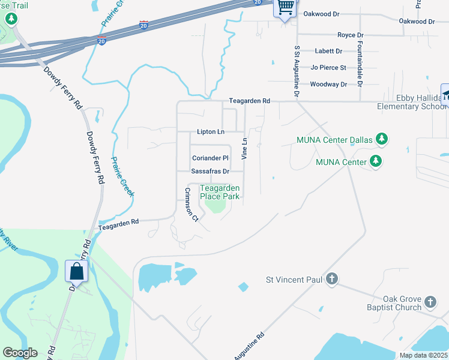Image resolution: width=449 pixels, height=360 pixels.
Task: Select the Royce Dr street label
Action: pos(351,35)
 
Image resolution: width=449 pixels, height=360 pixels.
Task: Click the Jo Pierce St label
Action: pos(328,68)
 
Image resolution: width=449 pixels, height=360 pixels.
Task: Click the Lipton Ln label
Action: pos(210,131)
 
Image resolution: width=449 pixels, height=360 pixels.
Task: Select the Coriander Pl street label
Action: pos(210,158)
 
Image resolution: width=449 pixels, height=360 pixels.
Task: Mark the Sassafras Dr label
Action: pos(210,172)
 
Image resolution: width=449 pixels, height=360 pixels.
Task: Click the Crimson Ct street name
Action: pos(191,205)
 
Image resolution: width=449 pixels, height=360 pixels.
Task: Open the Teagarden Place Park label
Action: pos(220,192)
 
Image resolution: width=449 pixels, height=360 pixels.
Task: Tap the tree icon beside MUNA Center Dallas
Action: pos(381,140)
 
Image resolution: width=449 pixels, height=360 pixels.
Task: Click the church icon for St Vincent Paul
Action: pos(332,279)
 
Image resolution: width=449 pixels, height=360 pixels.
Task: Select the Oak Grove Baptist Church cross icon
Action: pos(430,301)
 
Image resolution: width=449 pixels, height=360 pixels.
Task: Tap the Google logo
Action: pos(20,353)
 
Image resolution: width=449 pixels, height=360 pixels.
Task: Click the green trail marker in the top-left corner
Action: pos(11,19)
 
